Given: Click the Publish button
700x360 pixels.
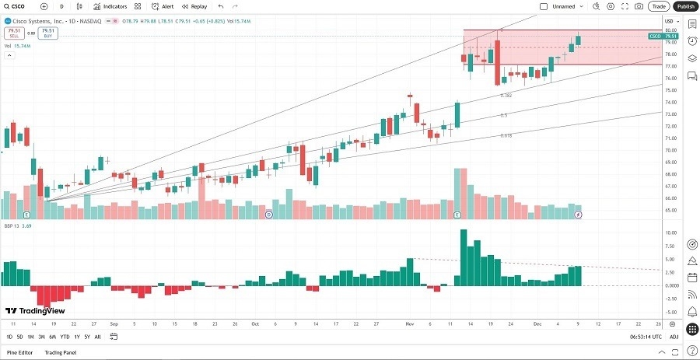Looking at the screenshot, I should tap(684, 6).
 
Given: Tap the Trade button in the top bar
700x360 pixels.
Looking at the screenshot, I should tap(659, 6).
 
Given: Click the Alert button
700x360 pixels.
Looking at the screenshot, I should tap(163, 6).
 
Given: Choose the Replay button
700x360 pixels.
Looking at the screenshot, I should tap(195, 6).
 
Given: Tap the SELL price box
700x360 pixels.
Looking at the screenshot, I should tap(13, 33).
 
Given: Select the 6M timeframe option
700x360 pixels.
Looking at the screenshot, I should tap(52, 337).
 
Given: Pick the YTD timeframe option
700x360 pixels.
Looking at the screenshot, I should tap(65, 337).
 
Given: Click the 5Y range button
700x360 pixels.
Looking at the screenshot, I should tap(86, 337).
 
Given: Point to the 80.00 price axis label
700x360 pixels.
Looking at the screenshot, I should tap(670, 30).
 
